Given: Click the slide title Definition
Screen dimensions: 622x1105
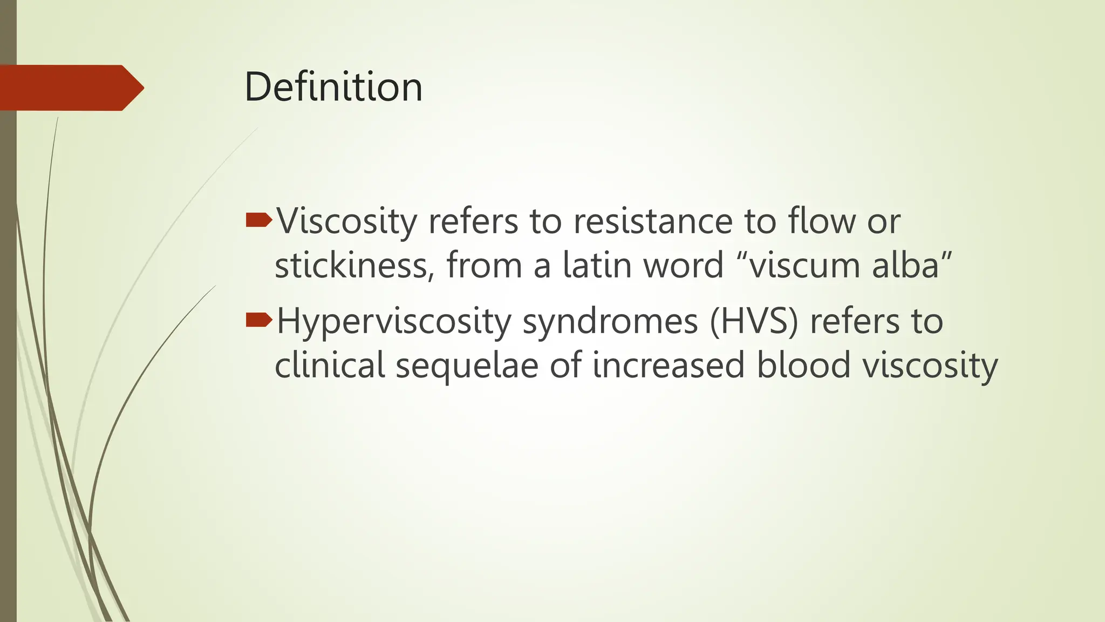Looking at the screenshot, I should (x=333, y=87).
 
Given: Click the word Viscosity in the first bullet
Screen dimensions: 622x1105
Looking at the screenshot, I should (x=347, y=221).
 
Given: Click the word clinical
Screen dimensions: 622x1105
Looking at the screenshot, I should (x=330, y=365).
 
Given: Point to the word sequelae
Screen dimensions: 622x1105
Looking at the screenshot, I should (x=467, y=365).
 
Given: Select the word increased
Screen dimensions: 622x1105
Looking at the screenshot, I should (x=669, y=365).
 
